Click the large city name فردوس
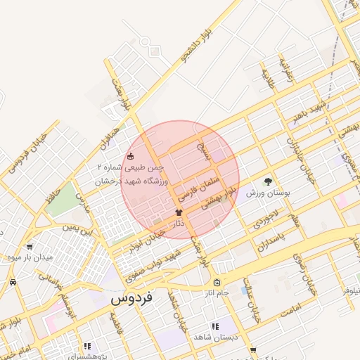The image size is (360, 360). point(136,297)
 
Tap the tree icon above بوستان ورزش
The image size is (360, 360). point(267,181)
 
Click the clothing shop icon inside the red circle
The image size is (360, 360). point(179,212)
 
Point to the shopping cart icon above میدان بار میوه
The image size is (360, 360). point(29,247)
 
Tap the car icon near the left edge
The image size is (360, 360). point(13,282)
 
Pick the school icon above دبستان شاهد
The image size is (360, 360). point(214,326)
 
